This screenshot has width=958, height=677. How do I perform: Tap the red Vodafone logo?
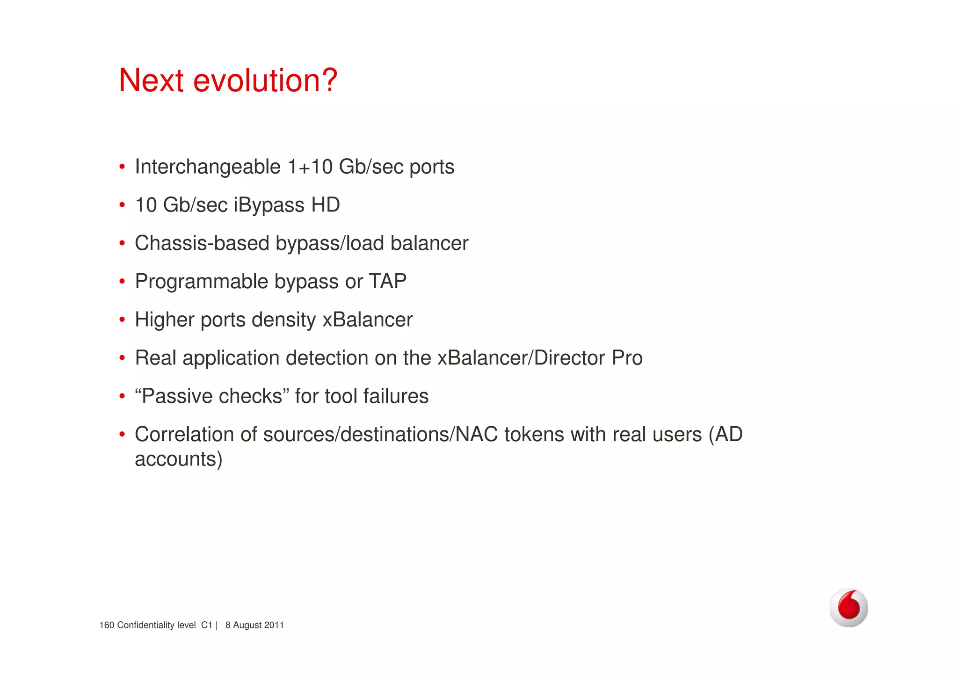click(849, 607)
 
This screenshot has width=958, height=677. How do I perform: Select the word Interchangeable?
click(208, 167)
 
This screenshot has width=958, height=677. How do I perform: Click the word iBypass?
click(269, 205)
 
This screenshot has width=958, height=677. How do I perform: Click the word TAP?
click(387, 282)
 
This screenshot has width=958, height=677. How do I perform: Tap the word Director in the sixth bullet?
click(569, 358)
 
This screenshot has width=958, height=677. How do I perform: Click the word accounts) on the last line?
click(178, 459)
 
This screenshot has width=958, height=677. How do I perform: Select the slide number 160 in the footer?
click(107, 626)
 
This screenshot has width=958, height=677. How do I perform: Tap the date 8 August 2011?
click(254, 626)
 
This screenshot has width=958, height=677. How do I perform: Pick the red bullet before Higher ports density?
click(122, 320)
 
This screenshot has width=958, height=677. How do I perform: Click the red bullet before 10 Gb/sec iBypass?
click(122, 205)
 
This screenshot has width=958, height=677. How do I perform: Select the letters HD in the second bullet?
click(326, 205)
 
